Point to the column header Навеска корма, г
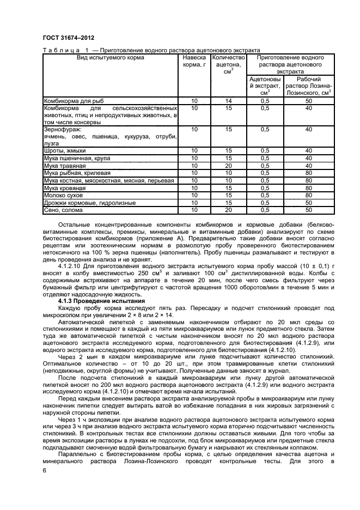click(194, 61)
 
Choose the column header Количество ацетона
click(228, 65)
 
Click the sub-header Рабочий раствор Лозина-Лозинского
click(308, 86)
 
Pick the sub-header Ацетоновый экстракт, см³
click(265, 86)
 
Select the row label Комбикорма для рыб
click(74, 101)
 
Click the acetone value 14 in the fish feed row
click(228, 101)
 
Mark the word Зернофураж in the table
click(62, 130)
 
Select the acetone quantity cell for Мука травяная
click(228, 165)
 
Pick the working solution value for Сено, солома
click(308, 209)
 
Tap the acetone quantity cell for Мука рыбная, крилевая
click(228, 172)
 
